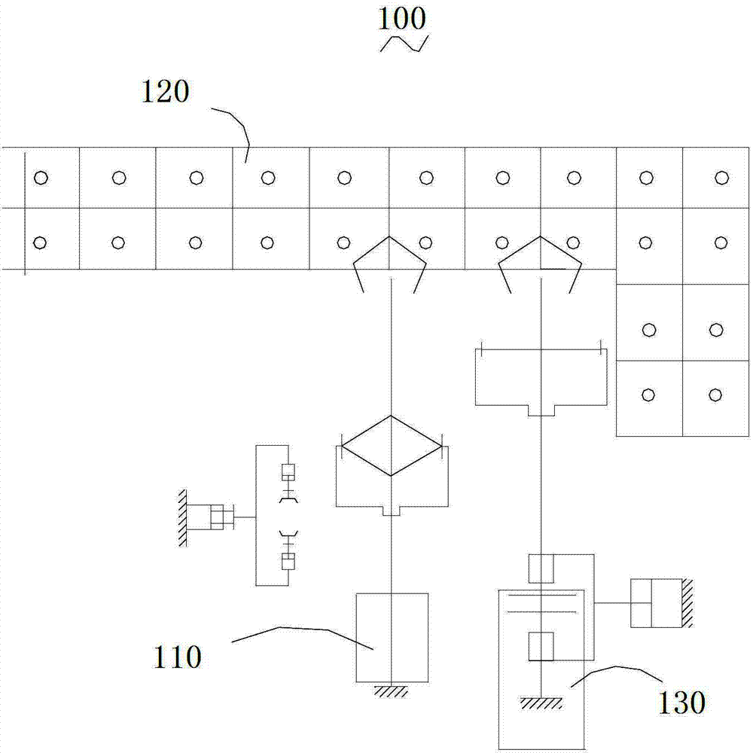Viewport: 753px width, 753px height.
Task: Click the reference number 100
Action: [x=402, y=19]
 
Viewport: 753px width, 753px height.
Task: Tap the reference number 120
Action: [x=165, y=91]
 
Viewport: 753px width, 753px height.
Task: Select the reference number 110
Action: [x=177, y=657]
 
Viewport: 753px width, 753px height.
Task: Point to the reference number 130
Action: [x=681, y=703]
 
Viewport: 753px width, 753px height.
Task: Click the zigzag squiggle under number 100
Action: [x=404, y=43]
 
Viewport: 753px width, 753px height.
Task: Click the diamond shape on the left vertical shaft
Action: [x=392, y=446]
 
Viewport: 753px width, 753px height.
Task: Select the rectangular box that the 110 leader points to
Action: [x=392, y=638]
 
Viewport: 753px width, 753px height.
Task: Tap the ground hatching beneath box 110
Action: [x=392, y=691]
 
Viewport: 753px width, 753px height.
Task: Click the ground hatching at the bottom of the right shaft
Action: [x=541, y=703]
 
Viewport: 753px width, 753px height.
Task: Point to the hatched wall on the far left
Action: [x=182, y=518]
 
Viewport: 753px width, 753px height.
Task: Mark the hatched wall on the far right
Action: [x=687, y=603]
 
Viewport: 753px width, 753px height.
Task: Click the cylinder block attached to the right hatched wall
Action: [x=656, y=603]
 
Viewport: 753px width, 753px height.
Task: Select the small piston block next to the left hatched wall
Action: [x=217, y=517]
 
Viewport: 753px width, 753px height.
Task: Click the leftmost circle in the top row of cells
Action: [x=41, y=178]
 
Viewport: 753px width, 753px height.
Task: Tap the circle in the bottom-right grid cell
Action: [x=715, y=395]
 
